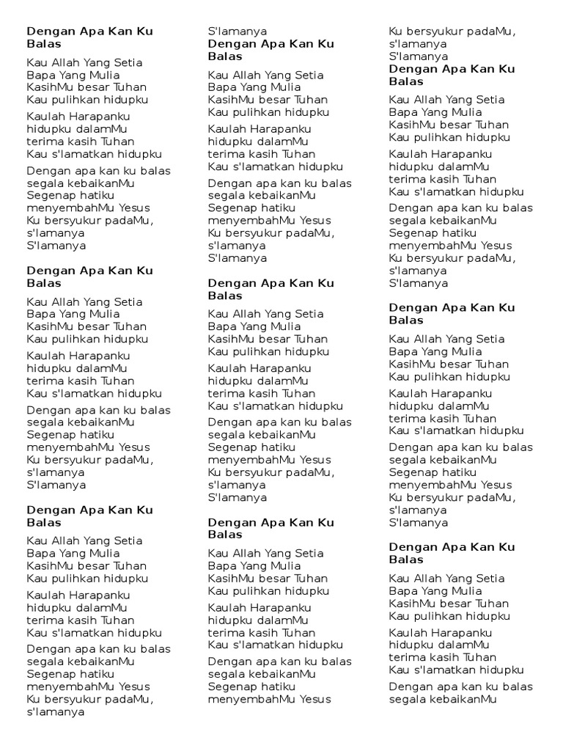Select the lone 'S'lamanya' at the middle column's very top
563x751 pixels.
tap(238, 32)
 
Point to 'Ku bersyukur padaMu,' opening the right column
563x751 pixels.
tap(452, 32)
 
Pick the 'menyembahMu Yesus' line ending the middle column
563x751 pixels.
tap(269, 699)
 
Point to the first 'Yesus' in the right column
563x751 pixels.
tap(497, 246)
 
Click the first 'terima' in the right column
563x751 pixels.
tap(405, 179)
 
